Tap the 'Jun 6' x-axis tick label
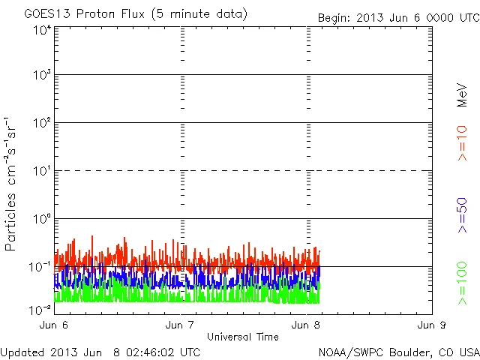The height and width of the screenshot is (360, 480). [x=55, y=325]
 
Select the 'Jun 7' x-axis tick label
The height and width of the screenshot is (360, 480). [x=181, y=325]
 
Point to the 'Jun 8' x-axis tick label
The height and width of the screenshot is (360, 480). [x=307, y=325]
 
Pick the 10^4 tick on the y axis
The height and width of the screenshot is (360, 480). [x=42, y=30]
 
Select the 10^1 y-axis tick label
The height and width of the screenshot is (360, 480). [x=42, y=172]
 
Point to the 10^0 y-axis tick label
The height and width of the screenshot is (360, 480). [x=42, y=220]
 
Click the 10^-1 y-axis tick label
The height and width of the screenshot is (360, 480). [x=40, y=267]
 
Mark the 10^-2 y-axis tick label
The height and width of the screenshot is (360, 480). [x=40, y=309]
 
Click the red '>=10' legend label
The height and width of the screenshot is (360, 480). [x=462, y=142]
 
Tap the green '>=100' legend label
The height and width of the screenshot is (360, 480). [x=462, y=284]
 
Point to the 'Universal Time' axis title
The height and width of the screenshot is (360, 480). [x=243, y=337]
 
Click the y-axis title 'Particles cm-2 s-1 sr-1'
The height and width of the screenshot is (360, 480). [x=12, y=184]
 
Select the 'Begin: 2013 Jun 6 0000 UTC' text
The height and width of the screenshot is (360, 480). [x=397, y=17]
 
